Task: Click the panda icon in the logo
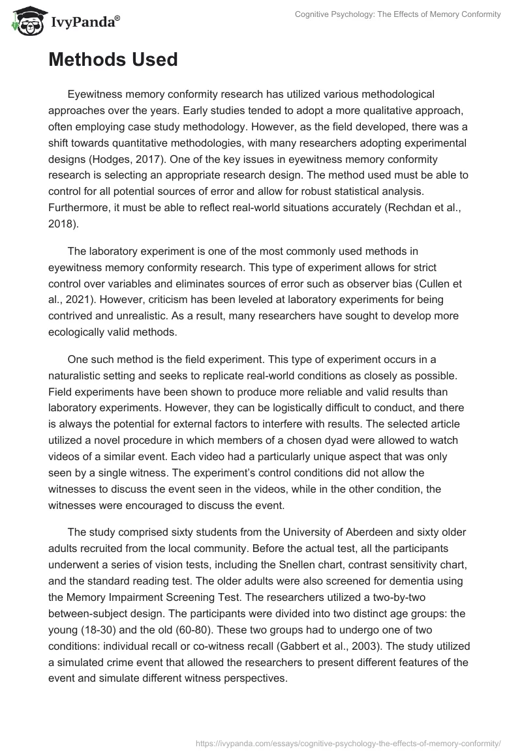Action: point(25,20)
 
